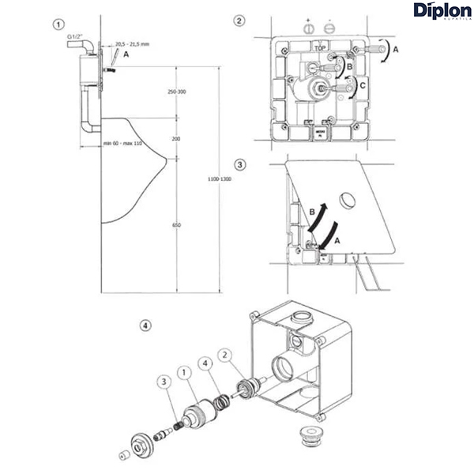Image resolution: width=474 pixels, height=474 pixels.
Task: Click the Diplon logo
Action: pyautogui.click(x=440, y=10)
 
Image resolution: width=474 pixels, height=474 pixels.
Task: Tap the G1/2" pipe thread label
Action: pyautogui.click(x=76, y=36)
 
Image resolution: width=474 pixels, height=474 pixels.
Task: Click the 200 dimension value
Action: pyautogui.click(x=175, y=138)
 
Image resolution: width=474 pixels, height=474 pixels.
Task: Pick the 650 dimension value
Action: pyautogui.click(x=175, y=225)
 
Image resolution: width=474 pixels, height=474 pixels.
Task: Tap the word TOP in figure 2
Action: pyautogui.click(x=320, y=48)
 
